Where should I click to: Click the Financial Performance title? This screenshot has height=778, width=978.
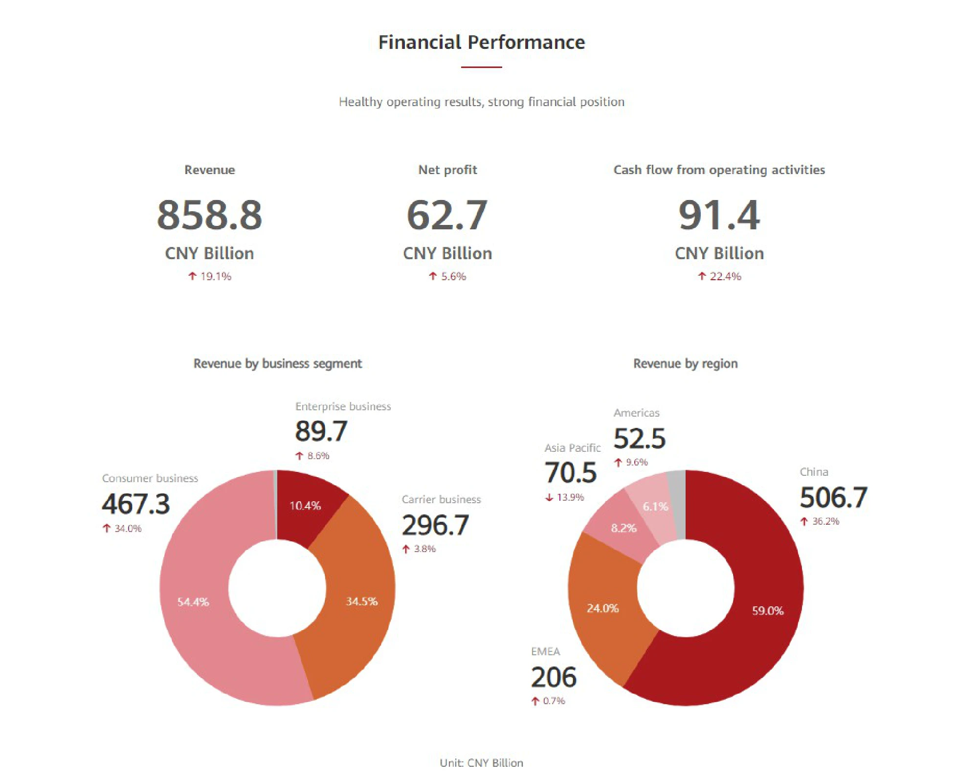(x=482, y=43)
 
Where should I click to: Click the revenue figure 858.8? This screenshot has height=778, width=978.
(x=209, y=215)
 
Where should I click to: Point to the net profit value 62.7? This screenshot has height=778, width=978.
(x=447, y=215)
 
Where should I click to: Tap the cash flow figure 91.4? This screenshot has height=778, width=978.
(x=719, y=215)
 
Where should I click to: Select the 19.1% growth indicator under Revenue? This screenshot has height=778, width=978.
(x=210, y=277)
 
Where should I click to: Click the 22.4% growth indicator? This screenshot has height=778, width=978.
(x=720, y=277)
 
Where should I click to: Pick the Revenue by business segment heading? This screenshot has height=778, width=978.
(x=278, y=364)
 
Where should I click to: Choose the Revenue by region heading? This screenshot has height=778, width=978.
(x=685, y=364)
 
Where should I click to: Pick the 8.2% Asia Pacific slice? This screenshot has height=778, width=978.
(x=623, y=528)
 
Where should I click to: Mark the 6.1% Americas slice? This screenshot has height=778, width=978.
(x=653, y=506)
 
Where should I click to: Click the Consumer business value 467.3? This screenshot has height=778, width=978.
(x=136, y=504)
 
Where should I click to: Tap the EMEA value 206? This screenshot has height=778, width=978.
(x=554, y=678)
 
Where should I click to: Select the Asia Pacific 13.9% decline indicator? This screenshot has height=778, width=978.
(x=565, y=498)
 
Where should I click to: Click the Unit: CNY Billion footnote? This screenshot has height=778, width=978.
(x=482, y=763)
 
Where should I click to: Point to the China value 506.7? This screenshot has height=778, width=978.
(x=833, y=498)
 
